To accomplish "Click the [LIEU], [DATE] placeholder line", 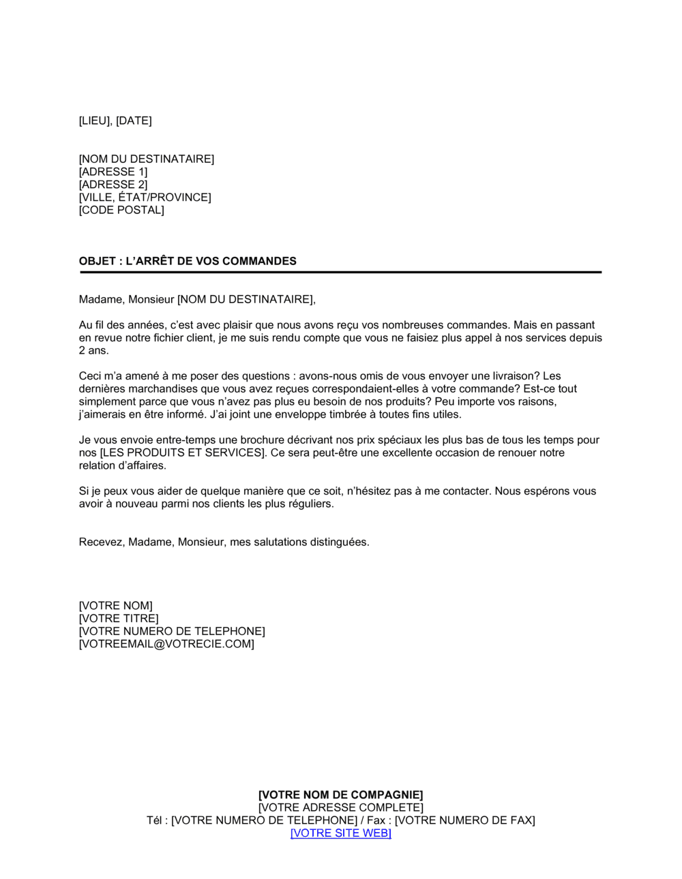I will tap(115, 121).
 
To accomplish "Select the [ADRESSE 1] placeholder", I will tap(113, 172).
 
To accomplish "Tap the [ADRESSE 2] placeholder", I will tap(113, 185).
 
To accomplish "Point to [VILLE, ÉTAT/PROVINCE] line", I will tap(145, 198).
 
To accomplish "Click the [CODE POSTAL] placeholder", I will tap(121, 210).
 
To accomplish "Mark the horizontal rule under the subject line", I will tap(340, 273).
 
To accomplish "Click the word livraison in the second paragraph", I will tap(515, 376).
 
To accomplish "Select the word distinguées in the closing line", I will tap(340, 542).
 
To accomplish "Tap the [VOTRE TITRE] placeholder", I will tap(119, 619).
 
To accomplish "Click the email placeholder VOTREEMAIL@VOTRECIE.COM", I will tap(166, 644).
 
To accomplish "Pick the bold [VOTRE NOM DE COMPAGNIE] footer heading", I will tap(340, 795).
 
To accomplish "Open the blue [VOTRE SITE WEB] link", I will tap(340, 833).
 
